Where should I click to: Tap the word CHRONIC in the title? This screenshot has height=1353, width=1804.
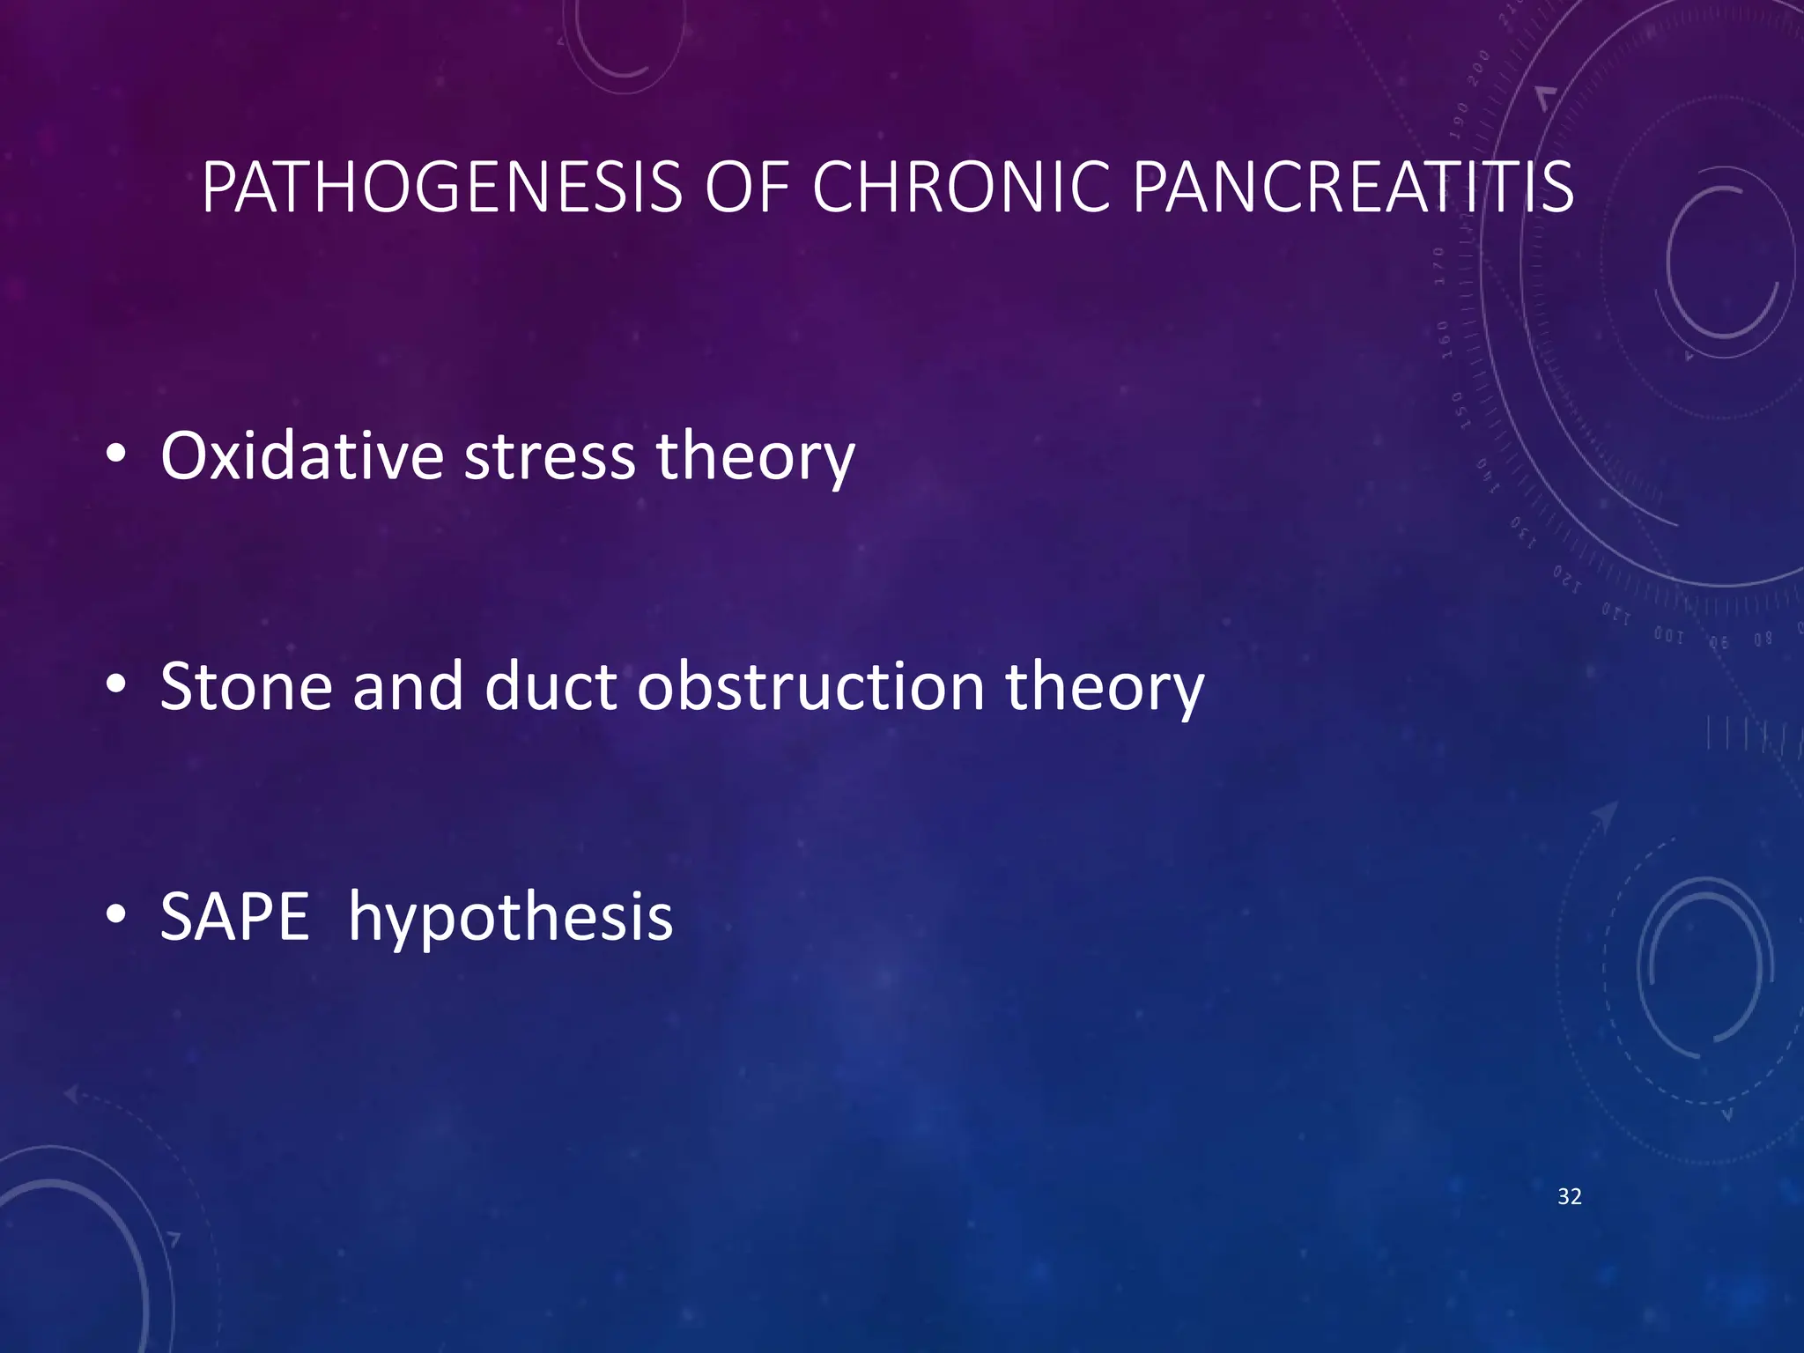(x=960, y=188)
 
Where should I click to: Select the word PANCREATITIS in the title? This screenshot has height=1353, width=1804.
(x=1352, y=188)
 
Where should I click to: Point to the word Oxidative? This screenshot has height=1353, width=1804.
(x=301, y=456)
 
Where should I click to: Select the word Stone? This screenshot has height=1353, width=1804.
(x=246, y=686)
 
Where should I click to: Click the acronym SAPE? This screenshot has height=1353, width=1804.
(x=234, y=917)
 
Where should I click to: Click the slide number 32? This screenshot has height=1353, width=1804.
(x=1569, y=1196)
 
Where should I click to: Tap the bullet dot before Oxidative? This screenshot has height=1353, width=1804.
(x=115, y=455)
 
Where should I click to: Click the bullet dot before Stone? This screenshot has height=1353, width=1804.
(x=115, y=685)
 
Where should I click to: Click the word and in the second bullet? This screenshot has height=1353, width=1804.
(x=408, y=686)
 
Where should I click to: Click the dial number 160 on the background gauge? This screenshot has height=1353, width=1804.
(x=1444, y=339)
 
